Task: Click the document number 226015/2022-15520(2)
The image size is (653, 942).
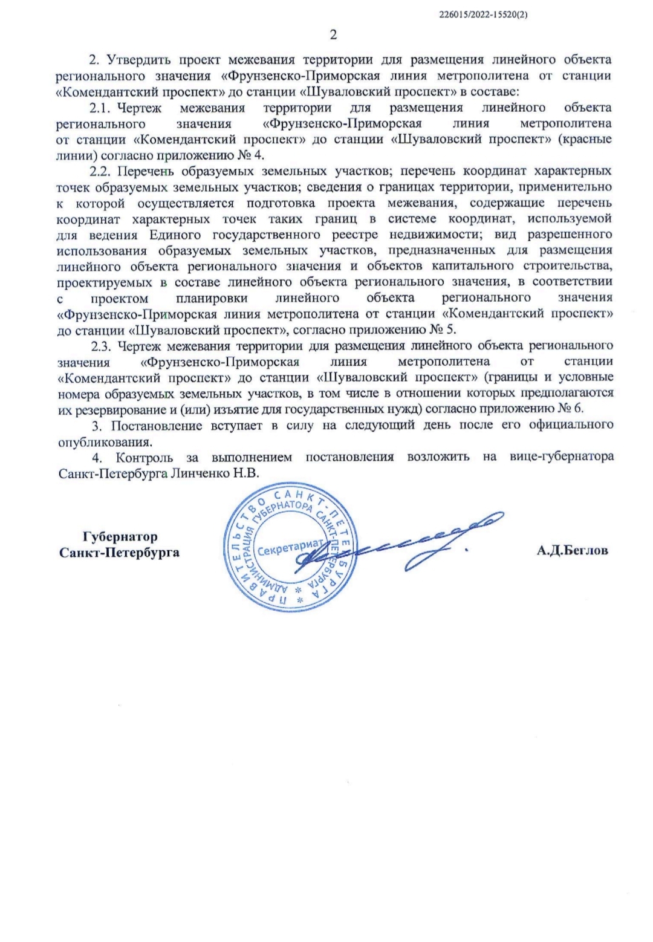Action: point(484,15)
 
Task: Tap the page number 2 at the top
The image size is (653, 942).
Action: point(333,34)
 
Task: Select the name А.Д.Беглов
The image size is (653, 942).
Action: point(572,551)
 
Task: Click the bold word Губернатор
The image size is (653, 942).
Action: point(120,536)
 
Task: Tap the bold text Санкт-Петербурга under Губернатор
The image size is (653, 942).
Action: point(120,552)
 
